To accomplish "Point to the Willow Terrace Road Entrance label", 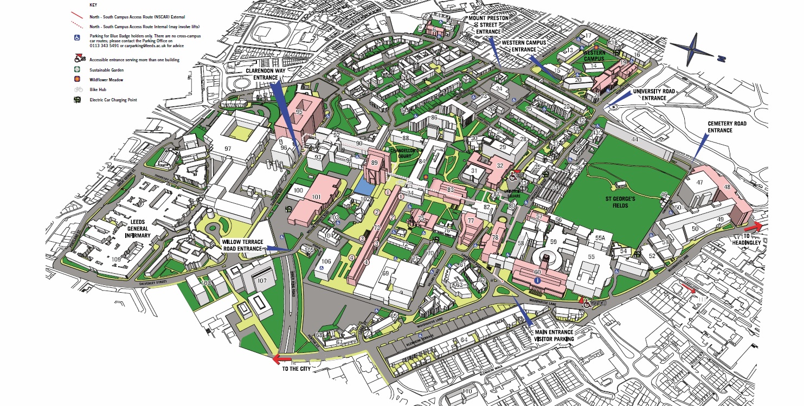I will (x=243, y=245).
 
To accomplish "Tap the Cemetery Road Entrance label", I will (x=727, y=127).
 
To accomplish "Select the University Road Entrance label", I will (x=653, y=94).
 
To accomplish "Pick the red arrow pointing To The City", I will (x=282, y=359).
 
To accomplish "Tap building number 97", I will (x=228, y=148).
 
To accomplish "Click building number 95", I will (x=299, y=112).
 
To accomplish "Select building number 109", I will (x=116, y=260).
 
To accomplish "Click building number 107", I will (x=262, y=280).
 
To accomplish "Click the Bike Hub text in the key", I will (x=99, y=89).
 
